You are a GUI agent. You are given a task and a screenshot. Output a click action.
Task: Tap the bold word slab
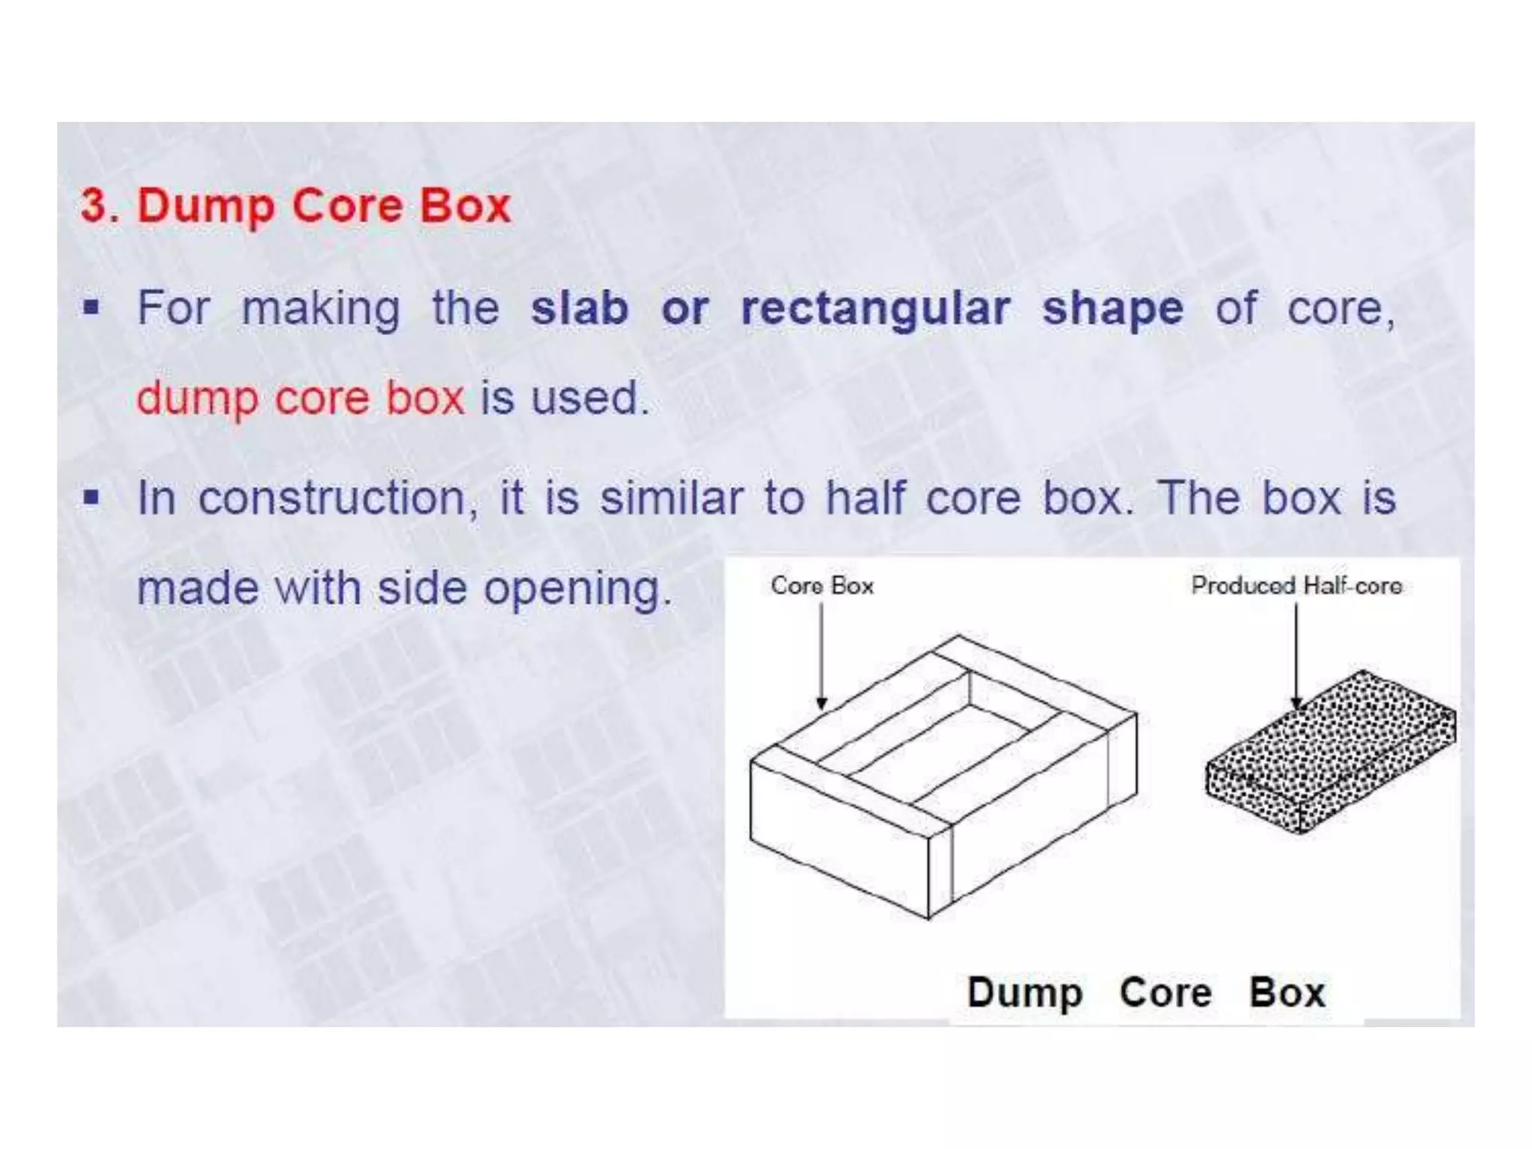(x=579, y=308)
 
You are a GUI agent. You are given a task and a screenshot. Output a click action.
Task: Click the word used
(x=588, y=398)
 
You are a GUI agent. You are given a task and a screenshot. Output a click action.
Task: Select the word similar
(x=671, y=498)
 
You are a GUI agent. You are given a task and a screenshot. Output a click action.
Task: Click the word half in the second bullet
(x=865, y=497)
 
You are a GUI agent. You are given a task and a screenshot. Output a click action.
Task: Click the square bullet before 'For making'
(x=91, y=307)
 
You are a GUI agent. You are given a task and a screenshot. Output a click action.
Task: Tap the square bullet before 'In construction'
(x=91, y=497)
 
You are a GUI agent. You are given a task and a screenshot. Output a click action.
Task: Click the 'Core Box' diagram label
(x=822, y=585)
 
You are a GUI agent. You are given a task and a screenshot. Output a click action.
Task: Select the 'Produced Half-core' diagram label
(x=1296, y=585)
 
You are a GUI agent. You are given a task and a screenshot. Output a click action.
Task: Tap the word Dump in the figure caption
(x=1024, y=993)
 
